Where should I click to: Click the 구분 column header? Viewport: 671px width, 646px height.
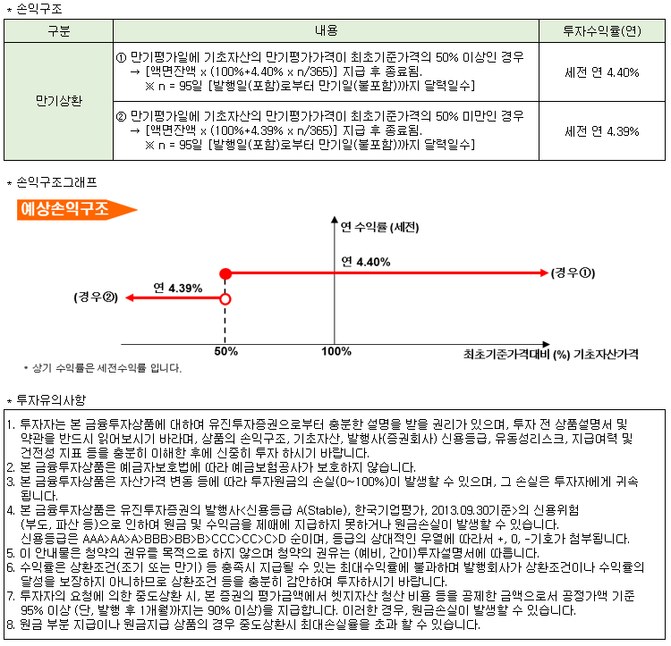coord(58,30)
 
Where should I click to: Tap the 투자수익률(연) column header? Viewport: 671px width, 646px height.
coord(601,30)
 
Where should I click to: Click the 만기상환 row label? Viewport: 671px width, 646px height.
coord(58,101)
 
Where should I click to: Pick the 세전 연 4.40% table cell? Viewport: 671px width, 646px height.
coord(601,72)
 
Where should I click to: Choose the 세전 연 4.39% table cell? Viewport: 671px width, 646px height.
coord(601,130)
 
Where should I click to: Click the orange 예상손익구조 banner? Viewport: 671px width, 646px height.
coord(75,209)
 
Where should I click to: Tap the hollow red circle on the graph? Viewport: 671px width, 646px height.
coord(225,299)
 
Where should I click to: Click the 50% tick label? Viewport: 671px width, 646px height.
coord(225,351)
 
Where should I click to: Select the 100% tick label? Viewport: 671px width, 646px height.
coord(335,351)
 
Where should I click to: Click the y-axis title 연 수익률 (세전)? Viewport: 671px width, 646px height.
coord(380,227)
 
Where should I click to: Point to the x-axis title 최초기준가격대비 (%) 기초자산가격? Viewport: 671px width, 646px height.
coord(551,354)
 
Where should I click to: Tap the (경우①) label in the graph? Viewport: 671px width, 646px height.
coord(573,272)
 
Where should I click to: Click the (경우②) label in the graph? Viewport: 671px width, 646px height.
coord(97,297)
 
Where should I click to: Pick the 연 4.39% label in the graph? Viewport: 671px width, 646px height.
coord(177,288)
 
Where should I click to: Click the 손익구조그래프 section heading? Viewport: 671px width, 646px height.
coord(55,182)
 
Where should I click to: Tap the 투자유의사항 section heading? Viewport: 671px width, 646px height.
coord(49,399)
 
